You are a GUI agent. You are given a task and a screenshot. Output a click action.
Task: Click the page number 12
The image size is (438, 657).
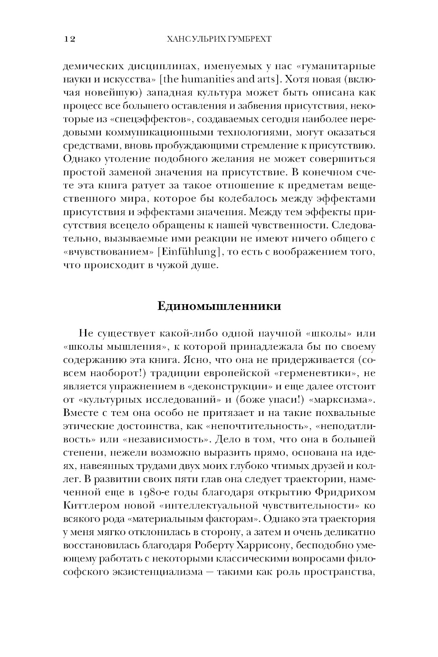[x=70, y=39]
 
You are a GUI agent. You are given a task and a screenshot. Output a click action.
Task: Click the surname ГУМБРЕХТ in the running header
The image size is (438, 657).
[x=247, y=39]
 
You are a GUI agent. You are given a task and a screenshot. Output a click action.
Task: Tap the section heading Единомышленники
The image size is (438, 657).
[x=219, y=306]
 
